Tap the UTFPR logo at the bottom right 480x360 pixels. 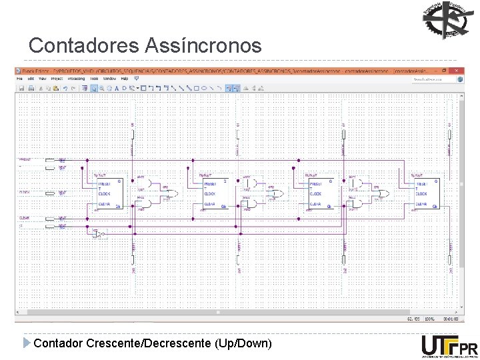(449, 346)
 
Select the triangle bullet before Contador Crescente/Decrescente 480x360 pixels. (27, 343)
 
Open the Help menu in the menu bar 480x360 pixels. (125, 79)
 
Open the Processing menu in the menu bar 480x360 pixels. (76, 79)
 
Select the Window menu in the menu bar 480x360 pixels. (109, 79)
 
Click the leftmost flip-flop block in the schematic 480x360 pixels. (109, 194)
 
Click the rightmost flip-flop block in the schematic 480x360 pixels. (425, 194)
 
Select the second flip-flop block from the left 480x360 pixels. (214, 194)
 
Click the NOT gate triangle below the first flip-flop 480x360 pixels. (99, 235)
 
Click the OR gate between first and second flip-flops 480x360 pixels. (171, 194)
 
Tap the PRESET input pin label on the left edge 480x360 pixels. (25, 160)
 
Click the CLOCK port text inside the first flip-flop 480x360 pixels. (106, 194)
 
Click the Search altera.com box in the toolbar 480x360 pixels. (431, 79)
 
